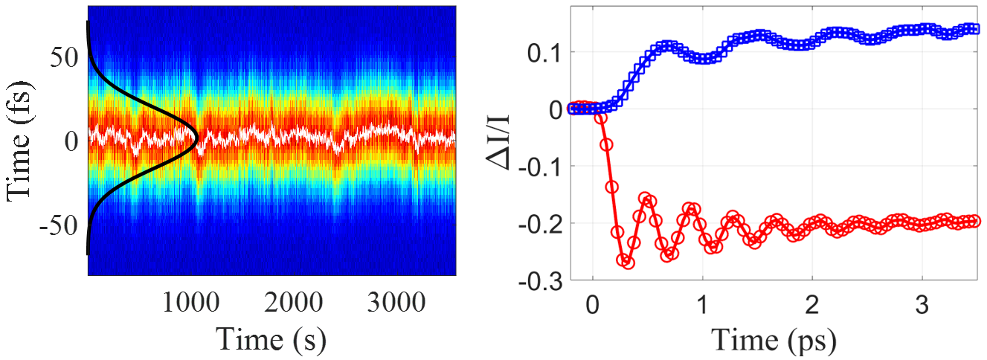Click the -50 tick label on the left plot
(x=57, y=225)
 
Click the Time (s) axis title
(x=271, y=338)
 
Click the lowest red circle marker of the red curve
(x=628, y=263)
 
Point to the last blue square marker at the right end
(x=975, y=29)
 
